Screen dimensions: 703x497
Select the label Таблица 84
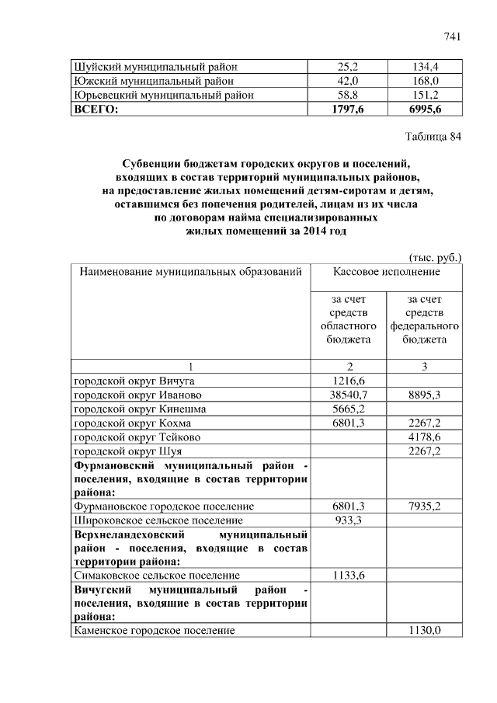tap(433, 137)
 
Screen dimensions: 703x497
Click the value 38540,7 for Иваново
tap(347, 395)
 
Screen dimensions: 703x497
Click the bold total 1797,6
tap(347, 110)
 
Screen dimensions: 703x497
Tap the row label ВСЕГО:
tap(96, 110)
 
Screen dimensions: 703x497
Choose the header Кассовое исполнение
tap(386, 272)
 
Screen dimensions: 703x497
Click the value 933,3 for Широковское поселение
tap(347, 520)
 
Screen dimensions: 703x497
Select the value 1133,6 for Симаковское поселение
tap(347, 575)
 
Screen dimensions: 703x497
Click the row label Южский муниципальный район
tap(154, 81)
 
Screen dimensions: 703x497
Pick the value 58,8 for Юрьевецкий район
tap(347, 95)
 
